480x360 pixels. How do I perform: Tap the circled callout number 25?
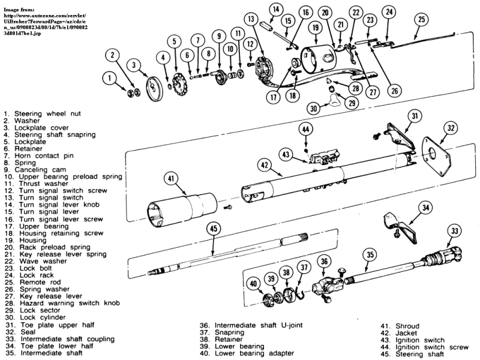pos(422,20)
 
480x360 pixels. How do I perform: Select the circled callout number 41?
pos(172,178)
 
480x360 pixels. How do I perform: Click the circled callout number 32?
pos(451,127)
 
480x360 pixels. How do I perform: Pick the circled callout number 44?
pos(306,128)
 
